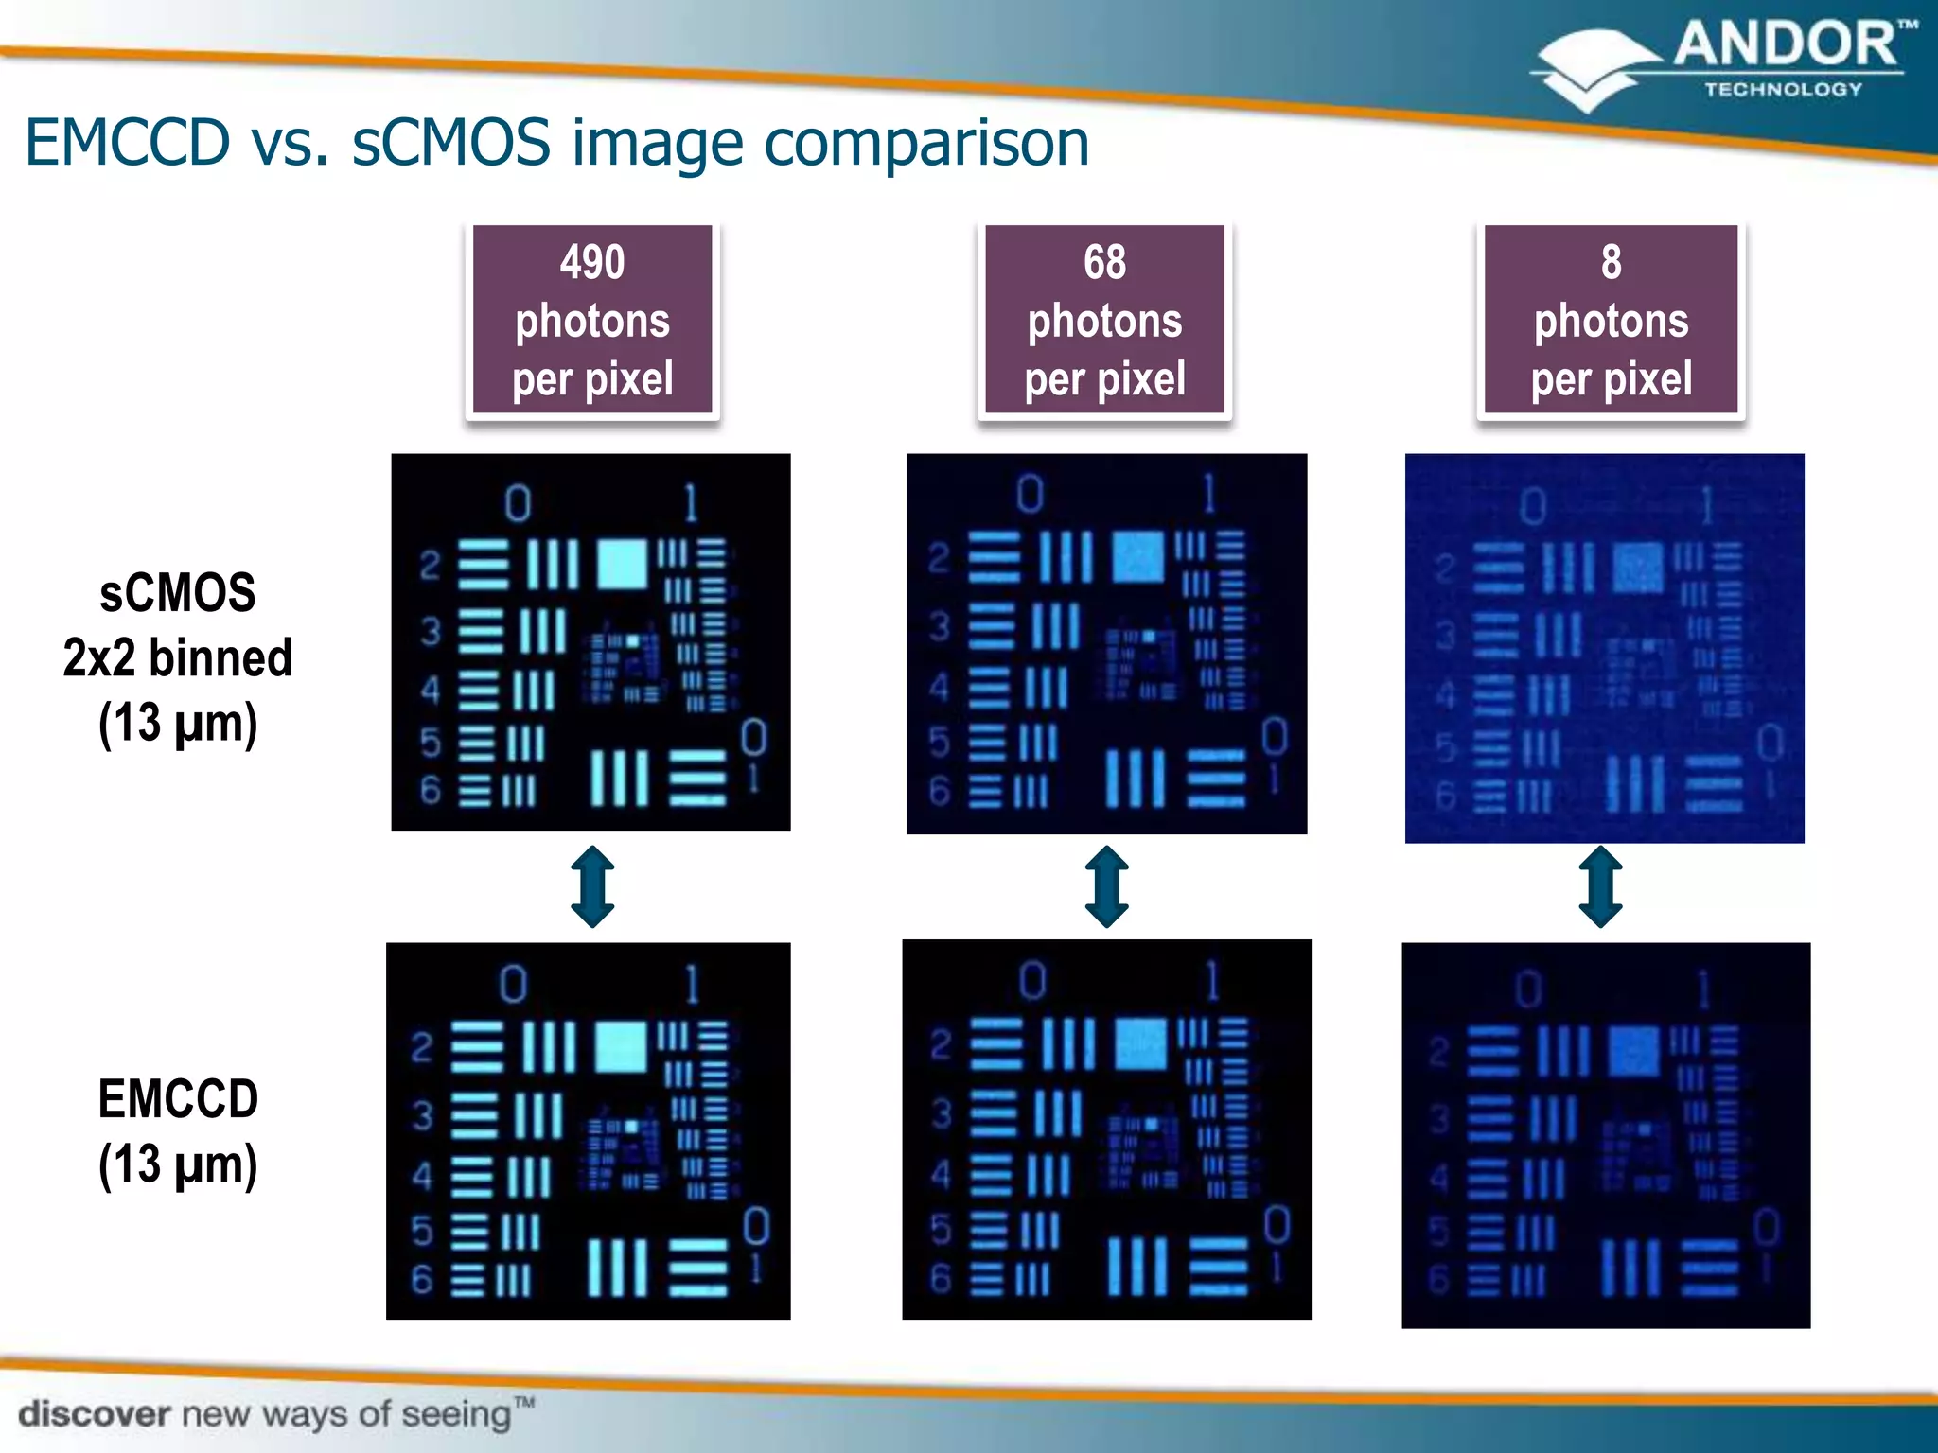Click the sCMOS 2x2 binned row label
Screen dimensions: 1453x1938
178,658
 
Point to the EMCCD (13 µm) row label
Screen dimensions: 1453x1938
178,1131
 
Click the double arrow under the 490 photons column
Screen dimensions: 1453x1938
593,886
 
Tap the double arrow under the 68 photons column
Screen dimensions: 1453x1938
1106,886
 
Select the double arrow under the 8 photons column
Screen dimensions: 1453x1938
1600,886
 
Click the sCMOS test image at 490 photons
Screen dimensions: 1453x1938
590,641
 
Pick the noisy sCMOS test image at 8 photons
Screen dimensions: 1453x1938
1604,648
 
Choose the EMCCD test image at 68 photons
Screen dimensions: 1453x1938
1106,1129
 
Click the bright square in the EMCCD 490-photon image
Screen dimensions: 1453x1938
621,1045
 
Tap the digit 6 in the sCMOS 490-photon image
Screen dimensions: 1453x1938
431,789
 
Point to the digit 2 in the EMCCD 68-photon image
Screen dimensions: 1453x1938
941,1044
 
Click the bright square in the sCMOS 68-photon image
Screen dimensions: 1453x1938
1137,556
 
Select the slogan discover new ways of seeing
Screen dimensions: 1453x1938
274,1414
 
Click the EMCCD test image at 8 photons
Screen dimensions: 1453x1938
1606,1134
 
